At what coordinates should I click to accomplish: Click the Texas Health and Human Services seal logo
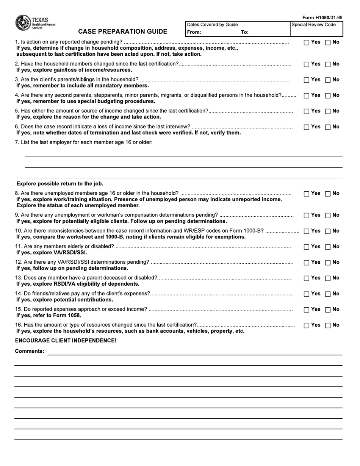pyautogui.click(x=22, y=23)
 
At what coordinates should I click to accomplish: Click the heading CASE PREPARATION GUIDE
pyautogui.click(x=122, y=31)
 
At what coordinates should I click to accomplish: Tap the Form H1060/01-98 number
pyautogui.click(x=322, y=18)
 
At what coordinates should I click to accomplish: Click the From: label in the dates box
pyautogui.click(x=194, y=32)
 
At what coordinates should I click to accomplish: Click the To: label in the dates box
pyautogui.click(x=245, y=32)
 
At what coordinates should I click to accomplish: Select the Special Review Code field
pyautogui.click(x=316, y=30)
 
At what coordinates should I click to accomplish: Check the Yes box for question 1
pyautogui.click(x=307, y=43)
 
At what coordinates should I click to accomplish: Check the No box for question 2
pyautogui.click(x=328, y=65)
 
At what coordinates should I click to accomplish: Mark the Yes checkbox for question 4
pyautogui.click(x=307, y=96)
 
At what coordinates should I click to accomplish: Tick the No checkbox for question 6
pyautogui.click(x=328, y=127)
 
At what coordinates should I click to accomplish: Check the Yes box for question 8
pyautogui.click(x=307, y=194)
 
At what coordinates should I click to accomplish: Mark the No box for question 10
pyautogui.click(x=328, y=231)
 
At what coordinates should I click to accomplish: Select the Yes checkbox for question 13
pyautogui.click(x=307, y=278)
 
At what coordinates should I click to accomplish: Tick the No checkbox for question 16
pyautogui.click(x=328, y=325)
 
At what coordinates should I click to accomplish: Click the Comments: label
pyautogui.click(x=30, y=351)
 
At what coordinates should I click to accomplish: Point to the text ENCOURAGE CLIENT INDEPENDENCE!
pyautogui.click(x=66, y=341)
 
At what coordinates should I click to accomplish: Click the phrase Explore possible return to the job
pyautogui.click(x=60, y=184)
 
